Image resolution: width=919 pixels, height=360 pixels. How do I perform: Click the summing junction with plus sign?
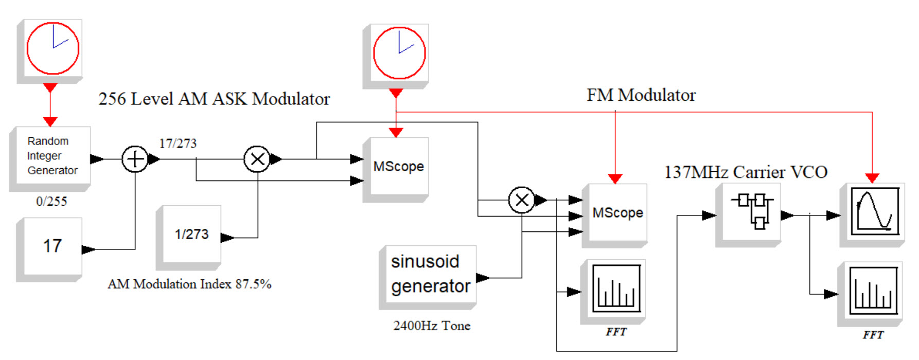point(135,159)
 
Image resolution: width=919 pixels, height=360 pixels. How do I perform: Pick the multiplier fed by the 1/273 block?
point(257,159)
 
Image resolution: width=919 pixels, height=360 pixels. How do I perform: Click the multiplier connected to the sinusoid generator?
point(522,200)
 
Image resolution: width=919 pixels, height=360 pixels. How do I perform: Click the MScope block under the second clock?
point(398,167)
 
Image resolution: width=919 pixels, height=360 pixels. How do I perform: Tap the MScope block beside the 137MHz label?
point(617,213)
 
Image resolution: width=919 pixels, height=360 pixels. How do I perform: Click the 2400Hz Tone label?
point(431,326)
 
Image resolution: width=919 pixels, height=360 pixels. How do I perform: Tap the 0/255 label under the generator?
point(51,202)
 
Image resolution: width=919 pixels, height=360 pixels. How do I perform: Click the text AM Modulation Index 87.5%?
point(189,284)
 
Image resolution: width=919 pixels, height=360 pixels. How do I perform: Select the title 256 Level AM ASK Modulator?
point(214,99)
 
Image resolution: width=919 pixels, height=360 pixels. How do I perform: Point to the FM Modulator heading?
point(641,95)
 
